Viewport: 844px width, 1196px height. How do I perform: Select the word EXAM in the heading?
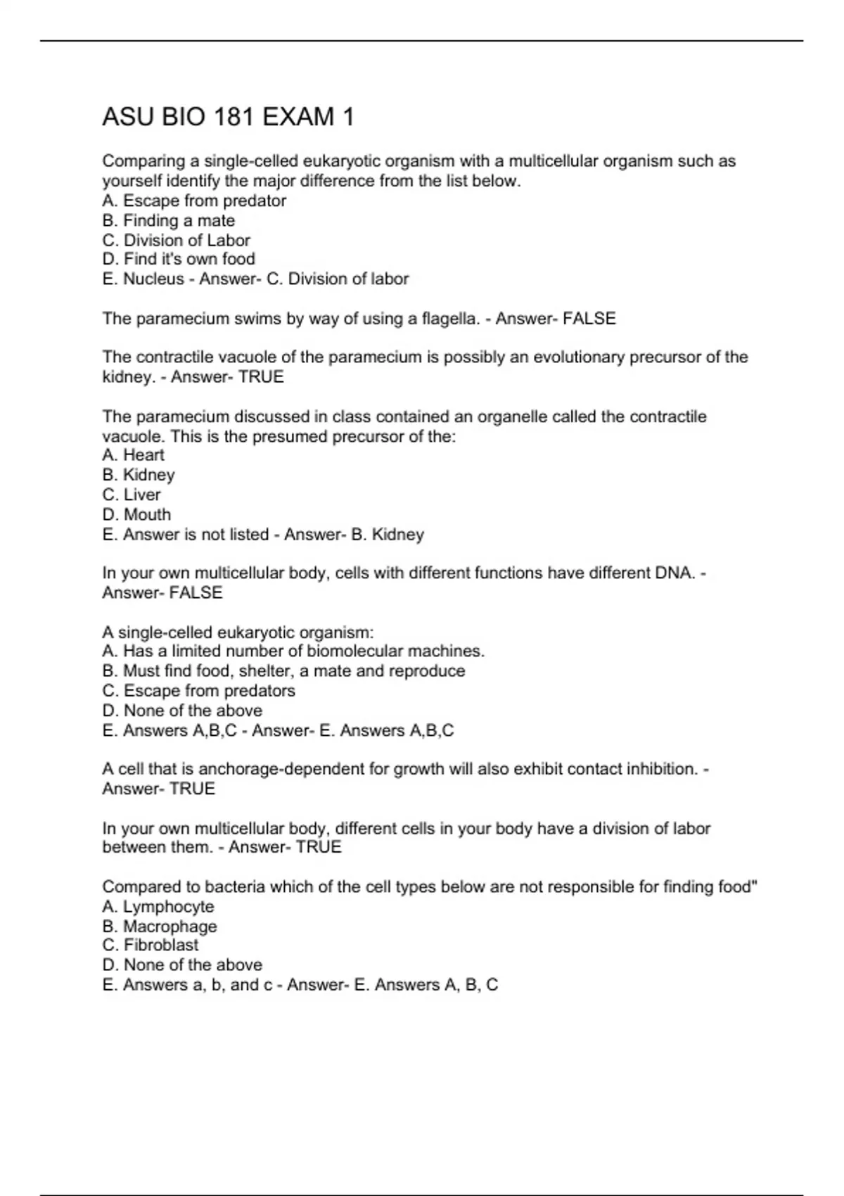pyautogui.click(x=299, y=117)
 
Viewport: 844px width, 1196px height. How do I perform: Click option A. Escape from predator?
pyautogui.click(x=194, y=201)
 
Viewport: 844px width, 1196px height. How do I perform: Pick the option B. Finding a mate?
pyautogui.click(x=169, y=221)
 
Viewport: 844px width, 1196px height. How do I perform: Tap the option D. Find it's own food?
pyautogui.click(x=179, y=260)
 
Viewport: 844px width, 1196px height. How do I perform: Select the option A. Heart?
pyautogui.click(x=134, y=455)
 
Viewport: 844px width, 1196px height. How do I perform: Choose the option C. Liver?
pyautogui.click(x=132, y=495)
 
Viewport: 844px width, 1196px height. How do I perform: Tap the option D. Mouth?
pyautogui.click(x=136, y=514)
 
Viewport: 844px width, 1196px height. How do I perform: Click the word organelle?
pyautogui.click(x=512, y=416)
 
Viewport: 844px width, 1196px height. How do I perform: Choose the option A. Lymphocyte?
pyautogui.click(x=158, y=907)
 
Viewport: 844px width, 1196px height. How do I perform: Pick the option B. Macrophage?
pyautogui.click(x=160, y=927)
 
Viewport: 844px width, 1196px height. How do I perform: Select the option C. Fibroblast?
pyautogui.click(x=151, y=946)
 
